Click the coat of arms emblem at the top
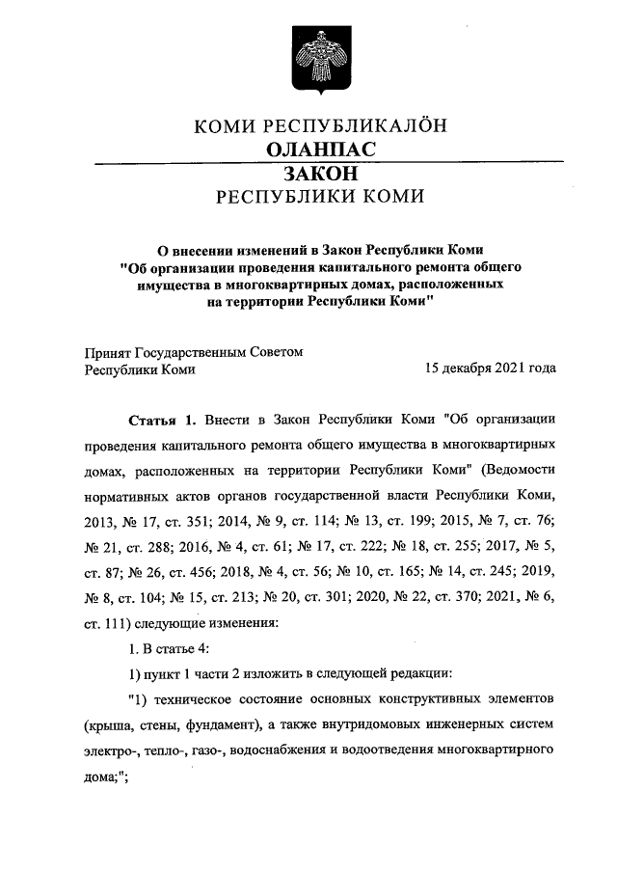tap(308, 59)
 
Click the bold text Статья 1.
tap(162, 421)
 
